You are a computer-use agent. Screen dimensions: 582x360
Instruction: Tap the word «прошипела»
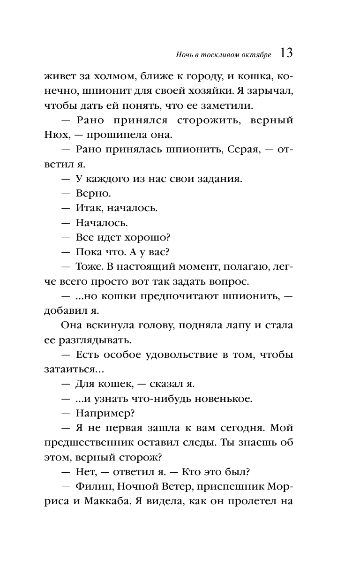[111, 135]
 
